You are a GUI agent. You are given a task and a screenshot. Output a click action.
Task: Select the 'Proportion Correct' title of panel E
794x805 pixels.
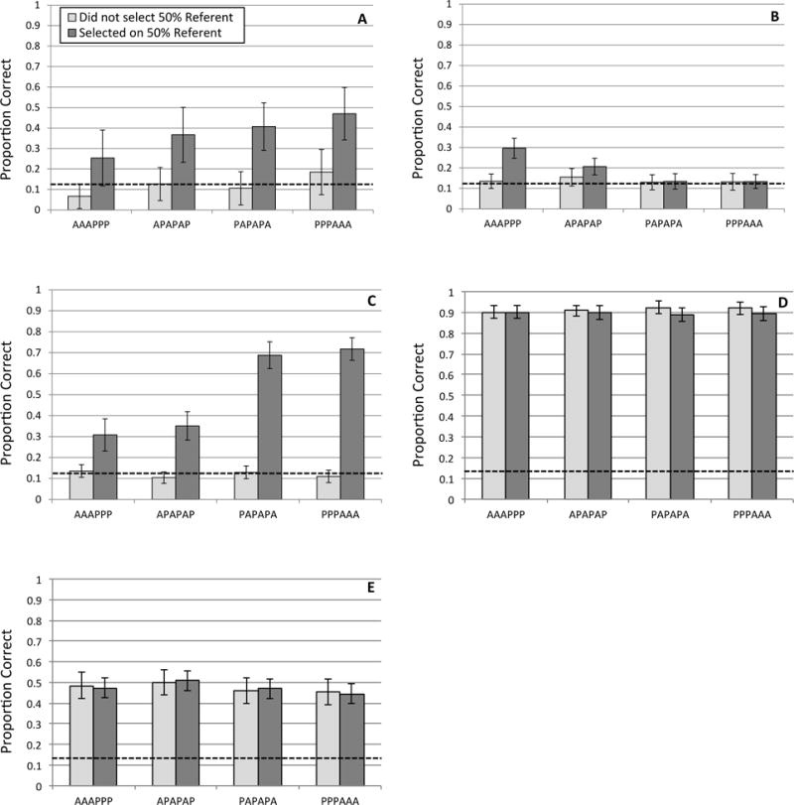click(16, 683)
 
